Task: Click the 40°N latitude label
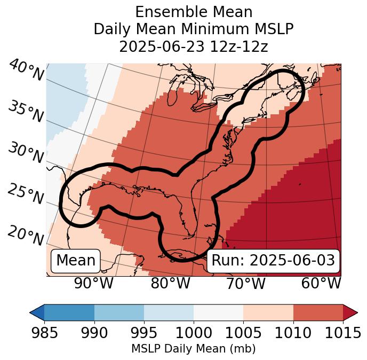coord(26,71)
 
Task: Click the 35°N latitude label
coord(26,112)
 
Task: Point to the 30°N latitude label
coord(26,153)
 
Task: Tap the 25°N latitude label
coord(26,195)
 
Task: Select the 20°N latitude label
coord(26,236)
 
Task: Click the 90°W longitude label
coord(93,284)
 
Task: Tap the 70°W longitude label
coord(245,284)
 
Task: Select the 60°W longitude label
coord(321,284)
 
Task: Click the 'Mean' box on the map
coord(76,261)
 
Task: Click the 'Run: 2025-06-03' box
coord(273,261)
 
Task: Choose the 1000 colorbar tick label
coord(194,333)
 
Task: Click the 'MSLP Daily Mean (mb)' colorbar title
coord(193,349)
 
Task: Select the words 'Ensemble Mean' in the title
coord(194,12)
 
